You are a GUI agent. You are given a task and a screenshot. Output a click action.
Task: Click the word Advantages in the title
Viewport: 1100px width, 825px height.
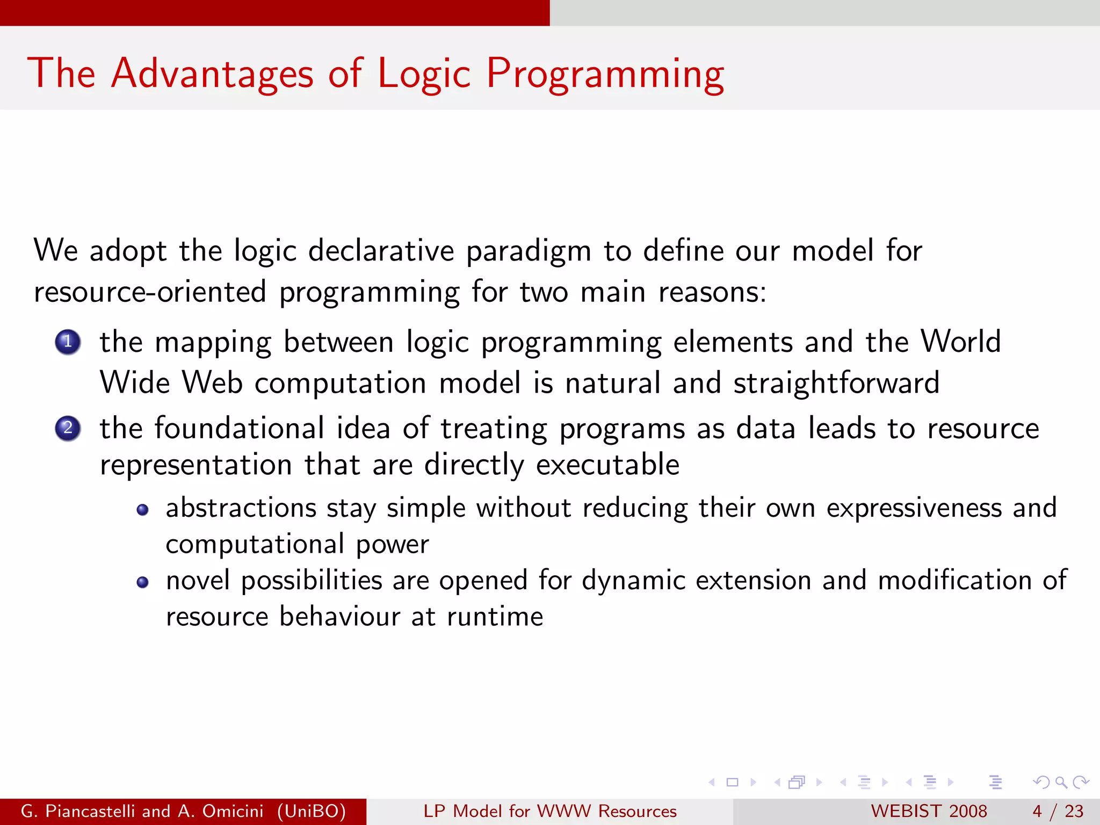pos(212,74)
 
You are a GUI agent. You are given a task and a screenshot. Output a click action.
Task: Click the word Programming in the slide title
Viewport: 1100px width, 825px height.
pos(605,74)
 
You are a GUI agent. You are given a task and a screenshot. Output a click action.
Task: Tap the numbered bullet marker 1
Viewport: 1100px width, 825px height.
pos(68,342)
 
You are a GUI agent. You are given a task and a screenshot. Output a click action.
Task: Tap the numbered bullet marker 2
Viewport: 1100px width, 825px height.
pos(68,429)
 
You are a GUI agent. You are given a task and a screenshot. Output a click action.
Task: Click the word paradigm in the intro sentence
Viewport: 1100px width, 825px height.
pos(529,251)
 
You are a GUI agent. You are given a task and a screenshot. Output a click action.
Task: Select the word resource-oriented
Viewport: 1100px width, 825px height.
pos(150,292)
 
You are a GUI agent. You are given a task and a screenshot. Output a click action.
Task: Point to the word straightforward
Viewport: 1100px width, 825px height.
pos(836,383)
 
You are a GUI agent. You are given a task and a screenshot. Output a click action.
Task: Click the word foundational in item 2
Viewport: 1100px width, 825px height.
pos(239,429)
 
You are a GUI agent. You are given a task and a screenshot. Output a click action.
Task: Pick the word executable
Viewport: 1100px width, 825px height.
pos(607,465)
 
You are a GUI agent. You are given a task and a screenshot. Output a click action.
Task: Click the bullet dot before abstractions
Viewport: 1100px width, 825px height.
pos(142,510)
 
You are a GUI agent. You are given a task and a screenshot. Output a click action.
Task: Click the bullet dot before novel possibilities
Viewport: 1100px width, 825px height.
pos(142,582)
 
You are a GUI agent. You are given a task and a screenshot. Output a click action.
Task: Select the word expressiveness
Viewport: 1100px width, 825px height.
pos(914,508)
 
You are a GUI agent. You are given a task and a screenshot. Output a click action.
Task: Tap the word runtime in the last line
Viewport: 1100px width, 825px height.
pos(495,617)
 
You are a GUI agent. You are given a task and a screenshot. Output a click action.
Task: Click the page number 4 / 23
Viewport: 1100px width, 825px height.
pos(1058,811)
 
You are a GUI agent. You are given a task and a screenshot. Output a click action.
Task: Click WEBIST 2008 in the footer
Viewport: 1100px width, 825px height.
pos(929,811)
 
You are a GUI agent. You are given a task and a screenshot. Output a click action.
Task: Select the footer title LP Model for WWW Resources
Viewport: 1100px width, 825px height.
pos(549,811)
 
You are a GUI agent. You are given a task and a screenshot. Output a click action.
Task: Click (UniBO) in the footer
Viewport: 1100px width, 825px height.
pos(312,811)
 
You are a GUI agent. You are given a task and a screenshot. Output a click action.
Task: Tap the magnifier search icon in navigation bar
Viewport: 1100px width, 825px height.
pos(1061,783)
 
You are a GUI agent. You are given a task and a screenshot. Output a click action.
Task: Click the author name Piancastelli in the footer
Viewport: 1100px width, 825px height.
pos(90,811)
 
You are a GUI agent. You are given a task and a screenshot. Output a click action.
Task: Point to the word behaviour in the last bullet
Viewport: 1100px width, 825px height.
pos(339,617)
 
